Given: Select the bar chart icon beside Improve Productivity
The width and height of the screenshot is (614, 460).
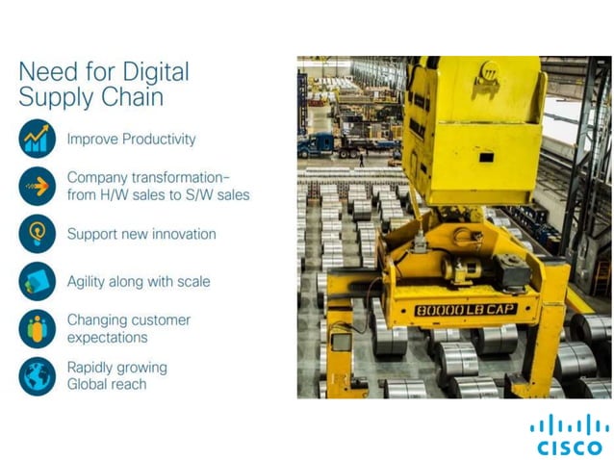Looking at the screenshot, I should [38, 140].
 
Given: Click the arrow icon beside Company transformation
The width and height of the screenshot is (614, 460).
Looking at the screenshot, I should [38, 186].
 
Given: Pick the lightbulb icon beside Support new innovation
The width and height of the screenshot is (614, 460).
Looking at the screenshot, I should [38, 234].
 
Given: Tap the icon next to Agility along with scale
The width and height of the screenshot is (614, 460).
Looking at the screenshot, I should [38, 281].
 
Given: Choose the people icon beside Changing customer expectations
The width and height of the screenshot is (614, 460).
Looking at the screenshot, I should [38, 328].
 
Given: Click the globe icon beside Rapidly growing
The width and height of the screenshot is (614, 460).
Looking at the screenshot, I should [38, 375].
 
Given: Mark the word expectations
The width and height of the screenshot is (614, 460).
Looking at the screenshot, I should [107, 338].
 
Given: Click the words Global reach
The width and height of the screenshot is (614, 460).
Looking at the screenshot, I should [107, 385].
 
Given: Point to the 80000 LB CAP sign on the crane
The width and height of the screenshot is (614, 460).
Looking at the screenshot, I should [456, 310].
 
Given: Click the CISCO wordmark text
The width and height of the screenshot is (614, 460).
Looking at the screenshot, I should [569, 447].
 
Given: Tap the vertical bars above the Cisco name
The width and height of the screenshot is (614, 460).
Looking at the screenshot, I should [569, 424].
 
